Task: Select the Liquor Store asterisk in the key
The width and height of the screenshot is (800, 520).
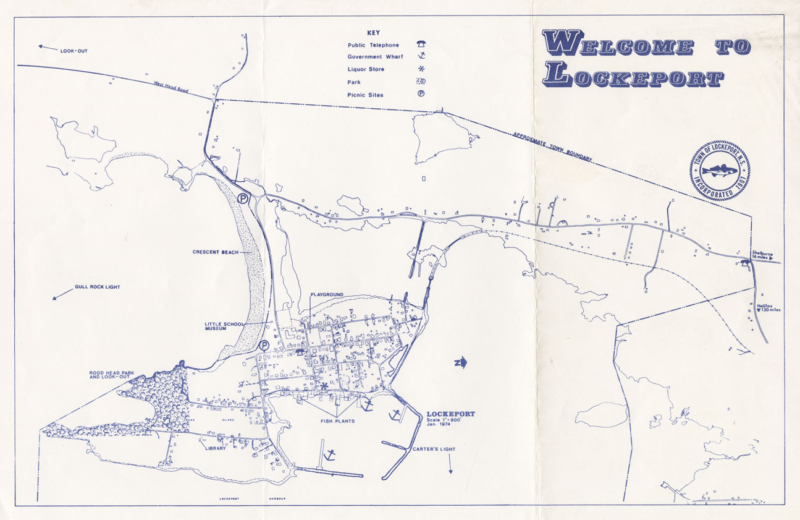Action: click(x=421, y=69)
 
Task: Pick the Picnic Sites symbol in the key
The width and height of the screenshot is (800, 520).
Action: click(x=421, y=95)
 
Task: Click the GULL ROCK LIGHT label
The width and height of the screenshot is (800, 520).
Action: click(x=97, y=287)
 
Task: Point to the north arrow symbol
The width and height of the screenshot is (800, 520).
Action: click(x=460, y=362)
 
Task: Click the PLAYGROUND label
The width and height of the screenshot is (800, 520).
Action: click(x=327, y=295)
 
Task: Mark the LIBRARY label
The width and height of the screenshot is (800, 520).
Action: click(x=216, y=448)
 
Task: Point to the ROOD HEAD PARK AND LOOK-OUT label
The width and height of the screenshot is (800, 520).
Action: click(x=111, y=374)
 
